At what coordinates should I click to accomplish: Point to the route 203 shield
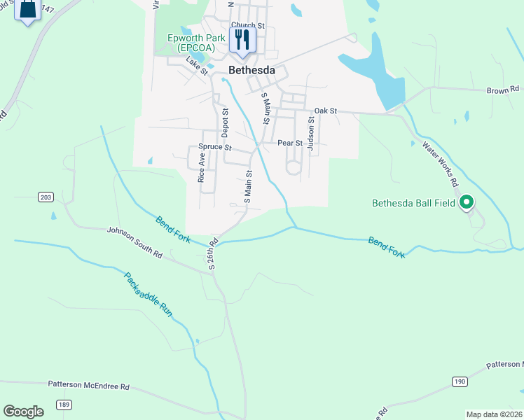pyautogui.click(x=46, y=198)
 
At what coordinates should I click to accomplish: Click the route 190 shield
pyautogui.click(x=459, y=381)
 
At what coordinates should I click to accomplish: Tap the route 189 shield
pyautogui.click(x=64, y=405)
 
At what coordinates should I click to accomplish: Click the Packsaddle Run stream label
pyautogui.click(x=148, y=293)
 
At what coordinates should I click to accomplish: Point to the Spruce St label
pyautogui.click(x=214, y=147)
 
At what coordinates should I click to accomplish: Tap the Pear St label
pyautogui.click(x=289, y=143)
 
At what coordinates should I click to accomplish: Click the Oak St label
pyautogui.click(x=326, y=111)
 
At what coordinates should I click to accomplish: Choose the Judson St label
pyautogui.click(x=311, y=129)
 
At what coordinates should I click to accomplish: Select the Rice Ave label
pyautogui.click(x=202, y=168)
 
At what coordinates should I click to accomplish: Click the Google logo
pyautogui.click(x=23, y=412)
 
